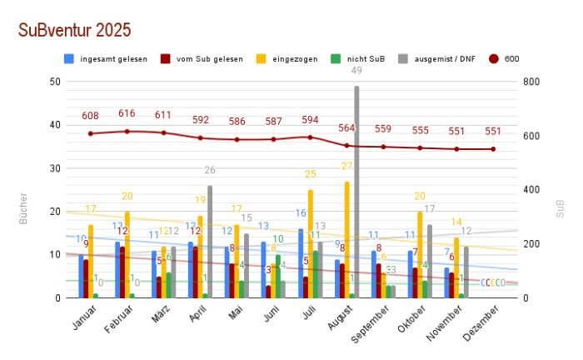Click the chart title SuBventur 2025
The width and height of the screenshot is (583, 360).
(74, 30)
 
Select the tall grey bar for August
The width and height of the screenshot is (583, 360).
(356, 192)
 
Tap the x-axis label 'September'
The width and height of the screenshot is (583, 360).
(372, 323)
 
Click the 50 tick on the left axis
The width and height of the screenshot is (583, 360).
(55, 82)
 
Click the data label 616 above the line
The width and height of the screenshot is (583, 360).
(127, 113)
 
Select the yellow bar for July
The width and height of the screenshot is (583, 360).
(311, 243)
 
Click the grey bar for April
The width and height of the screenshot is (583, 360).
(210, 242)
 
